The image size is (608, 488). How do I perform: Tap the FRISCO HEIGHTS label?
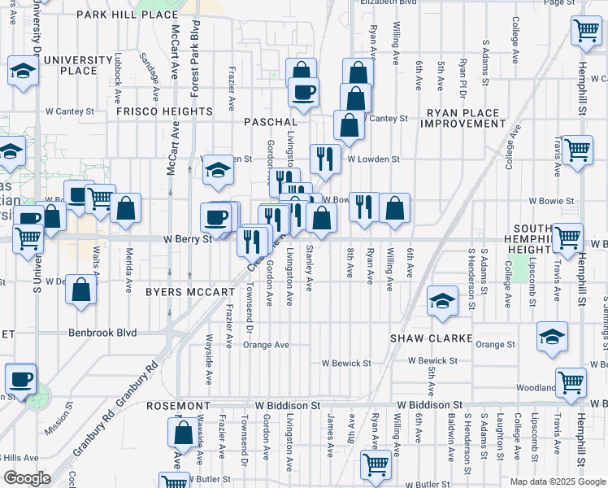164,111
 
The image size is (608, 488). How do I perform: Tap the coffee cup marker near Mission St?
20,377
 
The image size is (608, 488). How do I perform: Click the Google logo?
27,478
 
